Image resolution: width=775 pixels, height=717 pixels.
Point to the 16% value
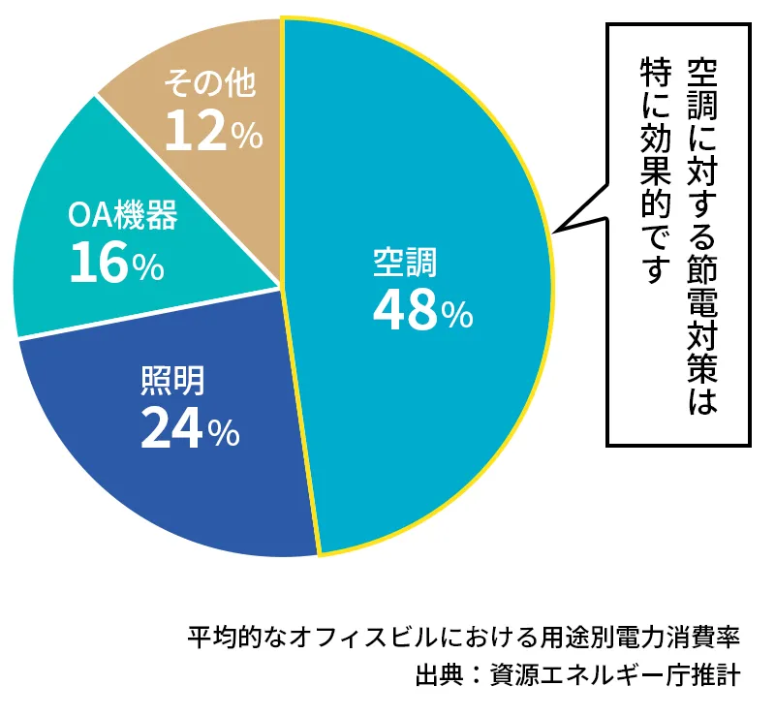116,265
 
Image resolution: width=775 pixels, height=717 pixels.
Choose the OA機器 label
123,216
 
